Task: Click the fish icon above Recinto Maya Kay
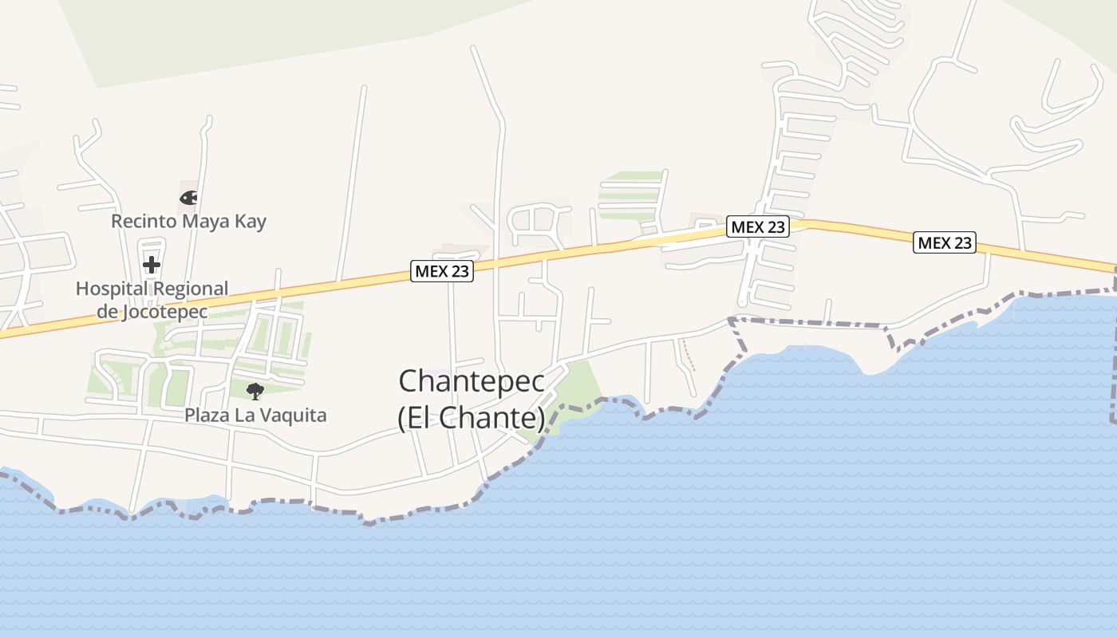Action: (x=188, y=197)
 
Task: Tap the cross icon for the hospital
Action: (x=151, y=264)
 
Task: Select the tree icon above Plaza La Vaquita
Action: (x=255, y=391)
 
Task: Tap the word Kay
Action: (x=251, y=221)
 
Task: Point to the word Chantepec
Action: (x=472, y=381)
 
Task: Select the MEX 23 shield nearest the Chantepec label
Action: (x=442, y=271)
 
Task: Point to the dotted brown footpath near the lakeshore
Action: (x=688, y=355)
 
